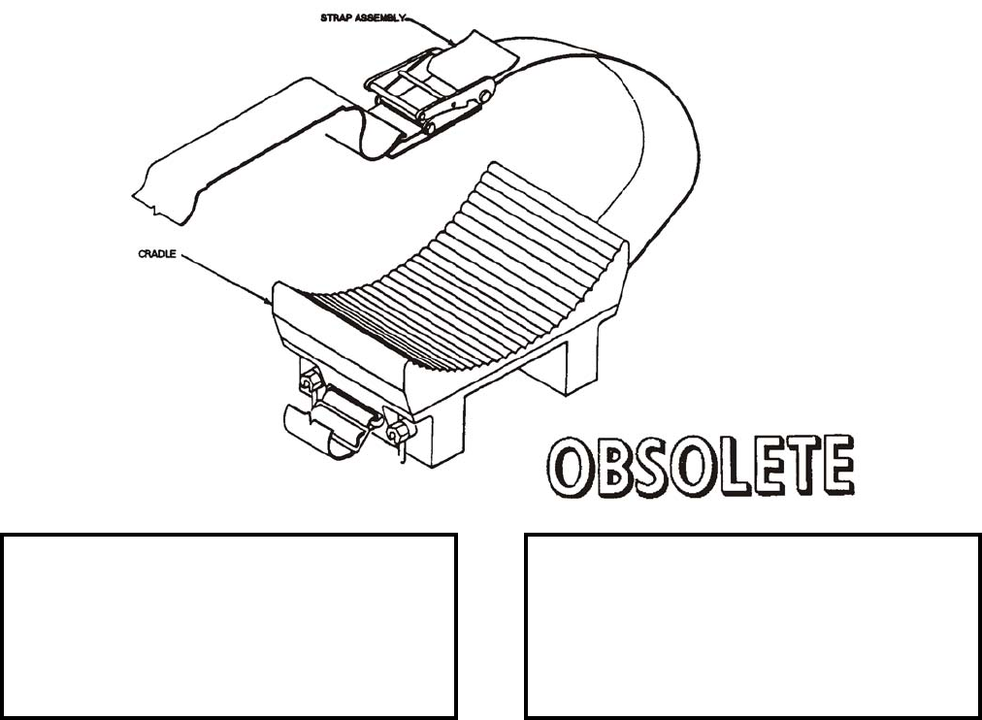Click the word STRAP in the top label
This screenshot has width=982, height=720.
pos(336,17)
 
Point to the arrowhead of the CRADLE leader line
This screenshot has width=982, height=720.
pos(272,303)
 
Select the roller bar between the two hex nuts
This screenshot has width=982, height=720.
pos(350,403)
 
